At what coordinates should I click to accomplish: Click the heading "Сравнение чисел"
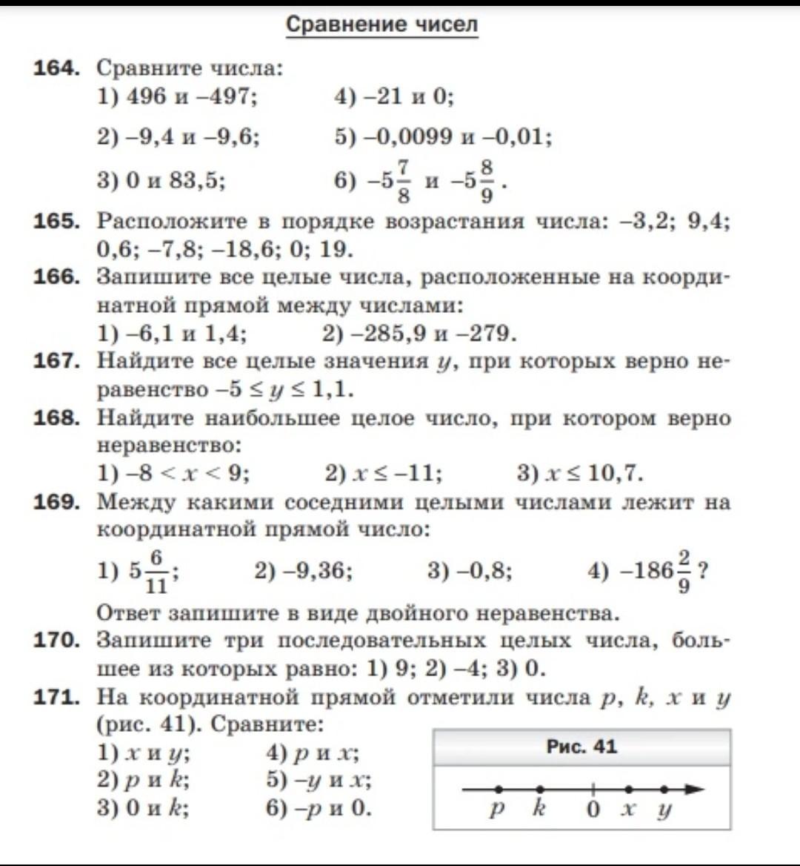click(381, 24)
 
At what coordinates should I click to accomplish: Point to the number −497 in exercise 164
click(227, 96)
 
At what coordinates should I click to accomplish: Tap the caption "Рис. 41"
click(581, 747)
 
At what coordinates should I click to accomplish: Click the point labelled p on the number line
click(499, 790)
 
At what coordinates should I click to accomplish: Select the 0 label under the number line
click(593, 810)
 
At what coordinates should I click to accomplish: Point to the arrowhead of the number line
click(694, 790)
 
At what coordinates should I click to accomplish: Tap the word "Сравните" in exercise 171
click(267, 724)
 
